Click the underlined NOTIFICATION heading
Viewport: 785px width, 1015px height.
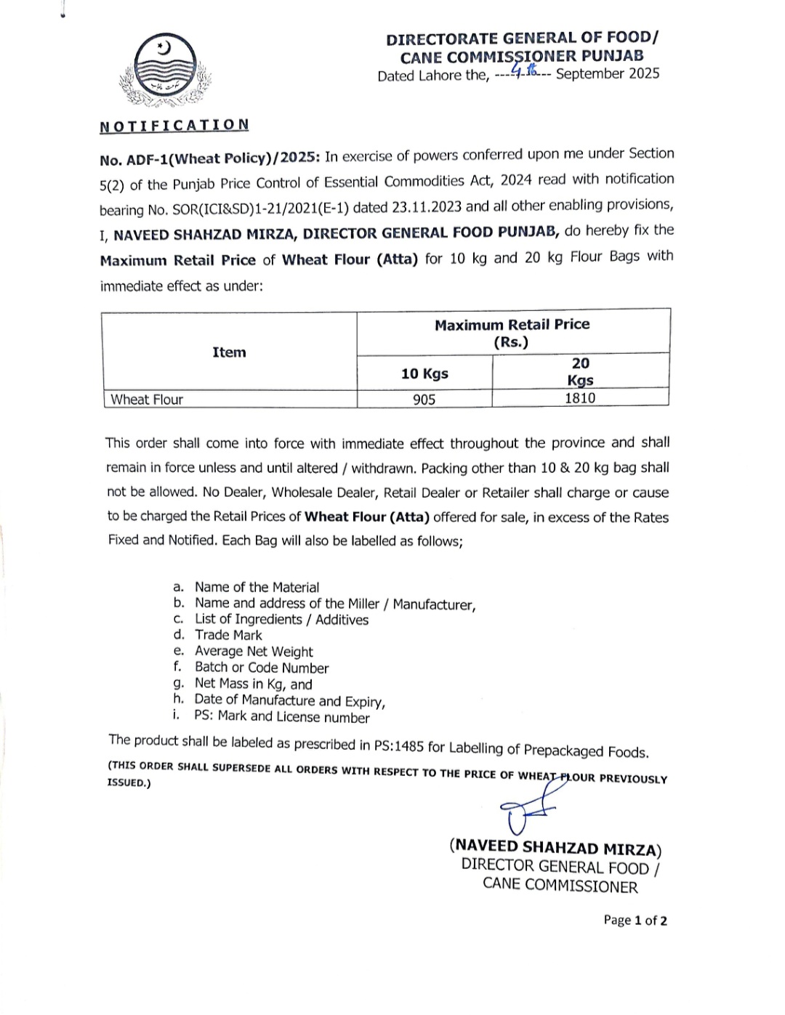[174, 126]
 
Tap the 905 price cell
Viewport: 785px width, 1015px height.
[424, 399]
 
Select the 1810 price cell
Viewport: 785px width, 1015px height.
[580, 397]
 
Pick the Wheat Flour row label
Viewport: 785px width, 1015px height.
[147, 399]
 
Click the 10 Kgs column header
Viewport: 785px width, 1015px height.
[424, 373]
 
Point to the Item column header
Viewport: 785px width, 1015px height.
[229, 352]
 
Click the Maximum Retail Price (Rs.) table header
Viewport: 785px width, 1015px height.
[512, 333]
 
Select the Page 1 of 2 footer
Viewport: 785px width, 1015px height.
[635, 920]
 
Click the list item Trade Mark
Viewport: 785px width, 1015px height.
[228, 635]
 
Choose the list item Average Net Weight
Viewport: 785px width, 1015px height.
[254, 652]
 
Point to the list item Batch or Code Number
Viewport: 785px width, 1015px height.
[262, 668]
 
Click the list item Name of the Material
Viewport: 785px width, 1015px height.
[257, 587]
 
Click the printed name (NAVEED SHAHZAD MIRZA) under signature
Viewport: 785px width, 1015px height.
[555, 847]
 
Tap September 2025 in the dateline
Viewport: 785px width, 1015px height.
[608, 73]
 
